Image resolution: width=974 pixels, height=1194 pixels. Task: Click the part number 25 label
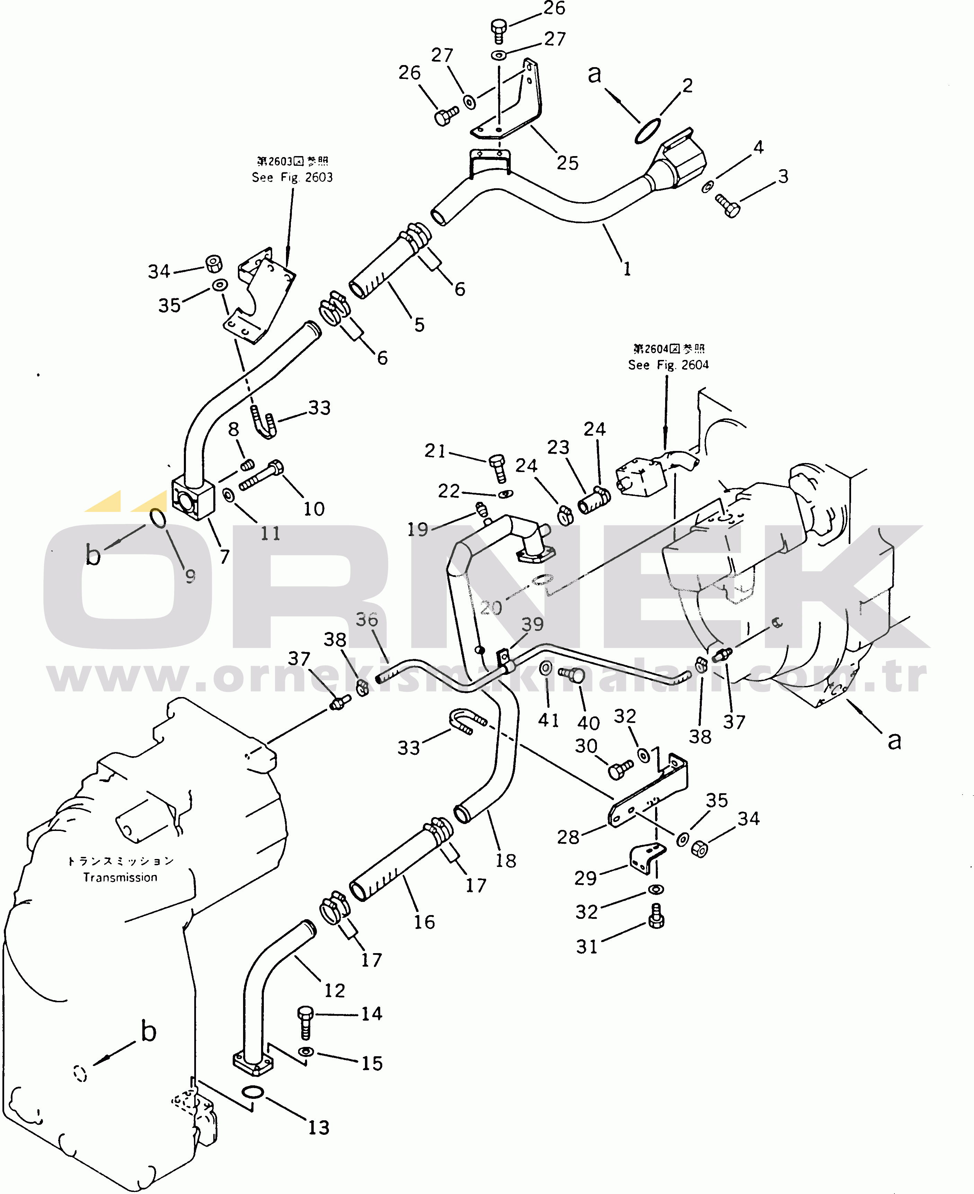[x=567, y=163]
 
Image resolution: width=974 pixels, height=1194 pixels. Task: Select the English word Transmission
[x=120, y=877]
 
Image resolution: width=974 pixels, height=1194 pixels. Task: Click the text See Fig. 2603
[x=292, y=177]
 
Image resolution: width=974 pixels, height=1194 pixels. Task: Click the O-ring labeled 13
[x=252, y=1093]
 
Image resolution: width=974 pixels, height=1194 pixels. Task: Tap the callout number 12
[x=334, y=991]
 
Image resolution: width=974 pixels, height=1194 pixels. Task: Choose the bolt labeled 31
[x=656, y=917]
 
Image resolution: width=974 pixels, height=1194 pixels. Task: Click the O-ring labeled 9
[x=158, y=518]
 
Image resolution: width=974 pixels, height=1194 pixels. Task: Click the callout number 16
[x=424, y=922]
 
